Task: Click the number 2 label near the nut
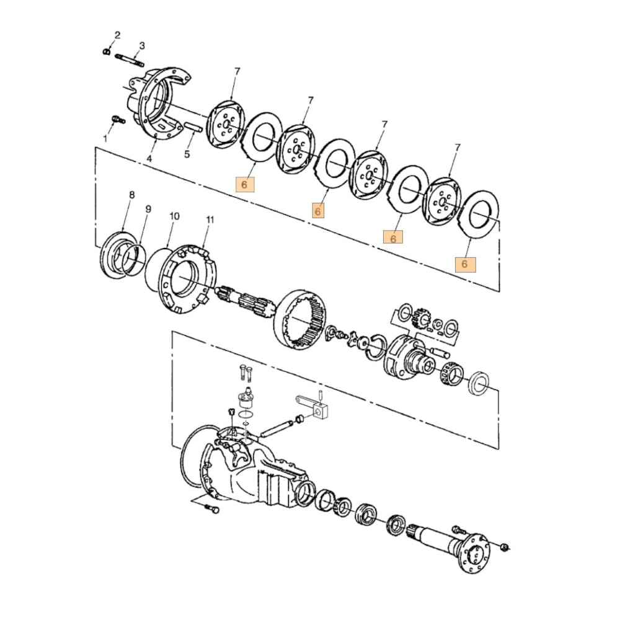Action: [x=117, y=35]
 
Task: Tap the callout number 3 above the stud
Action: [x=142, y=46]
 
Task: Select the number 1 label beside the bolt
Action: [x=105, y=138]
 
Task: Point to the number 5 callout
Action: [x=187, y=154]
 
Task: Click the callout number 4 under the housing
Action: [x=149, y=159]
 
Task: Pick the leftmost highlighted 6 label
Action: [x=244, y=184]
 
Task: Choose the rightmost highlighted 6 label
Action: [x=466, y=264]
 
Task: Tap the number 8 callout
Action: [x=131, y=195]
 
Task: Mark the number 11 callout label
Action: [x=210, y=220]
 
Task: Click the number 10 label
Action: [x=174, y=216]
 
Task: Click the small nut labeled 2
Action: [x=107, y=51]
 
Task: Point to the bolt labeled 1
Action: [x=116, y=119]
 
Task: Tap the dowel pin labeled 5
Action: [x=192, y=128]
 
